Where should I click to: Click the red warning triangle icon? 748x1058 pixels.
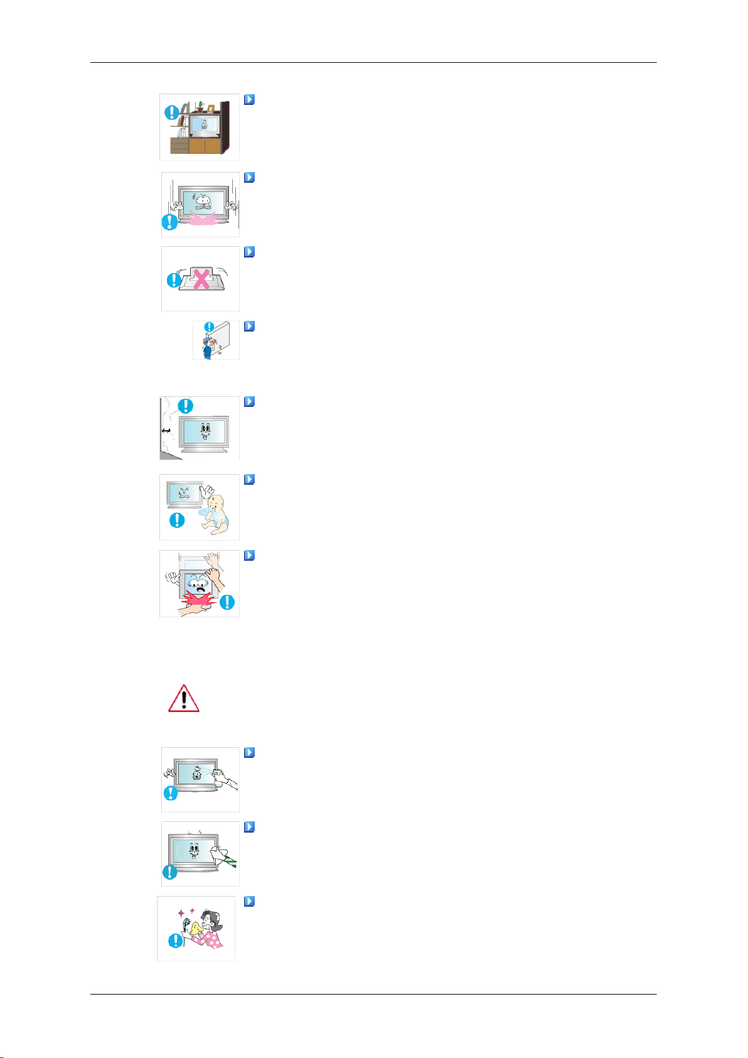tap(184, 698)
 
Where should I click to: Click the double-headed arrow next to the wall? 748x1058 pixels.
tap(166, 430)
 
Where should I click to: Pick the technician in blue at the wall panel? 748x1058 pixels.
tap(208, 343)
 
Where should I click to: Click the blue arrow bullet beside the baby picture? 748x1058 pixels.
tap(249, 480)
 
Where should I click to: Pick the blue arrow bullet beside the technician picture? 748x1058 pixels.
tap(249, 327)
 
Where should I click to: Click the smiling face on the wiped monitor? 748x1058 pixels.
tap(194, 850)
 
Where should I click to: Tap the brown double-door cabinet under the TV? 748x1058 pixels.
tap(205, 146)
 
